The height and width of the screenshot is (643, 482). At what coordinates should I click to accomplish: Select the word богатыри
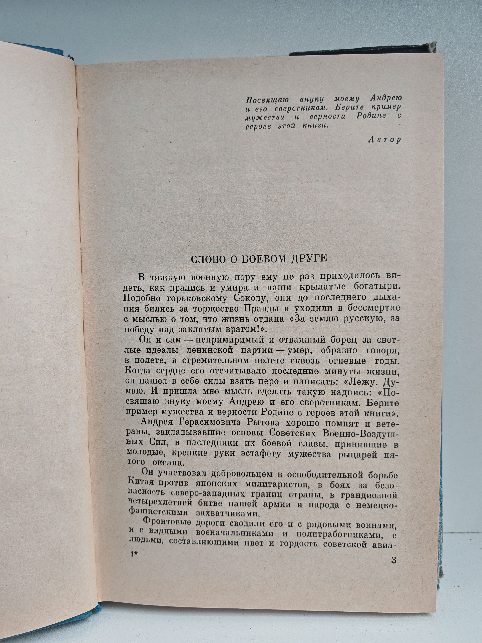click(379, 287)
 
